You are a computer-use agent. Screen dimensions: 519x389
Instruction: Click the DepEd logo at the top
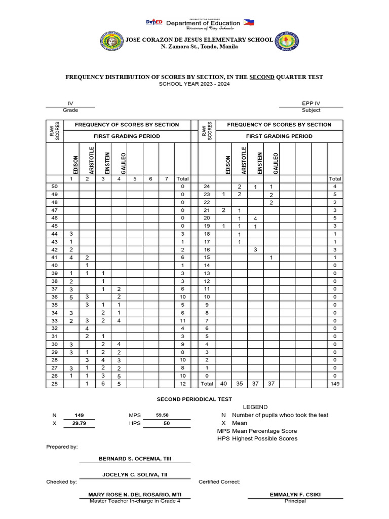[154, 22]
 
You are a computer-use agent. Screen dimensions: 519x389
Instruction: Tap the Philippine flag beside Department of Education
[249, 22]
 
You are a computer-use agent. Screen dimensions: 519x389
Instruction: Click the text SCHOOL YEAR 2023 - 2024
[194, 84]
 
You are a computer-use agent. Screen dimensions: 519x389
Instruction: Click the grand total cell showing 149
[335, 384]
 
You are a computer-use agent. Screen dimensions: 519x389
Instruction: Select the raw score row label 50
[55, 187]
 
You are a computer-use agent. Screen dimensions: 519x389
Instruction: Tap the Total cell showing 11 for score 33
[182, 321]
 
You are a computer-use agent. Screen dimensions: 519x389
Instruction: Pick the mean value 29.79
[80, 423]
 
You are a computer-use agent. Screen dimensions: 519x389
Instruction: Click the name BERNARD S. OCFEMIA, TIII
[135, 458]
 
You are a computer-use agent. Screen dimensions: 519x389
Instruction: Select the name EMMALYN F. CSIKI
[295, 495]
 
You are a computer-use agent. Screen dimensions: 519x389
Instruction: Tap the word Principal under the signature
[295, 501]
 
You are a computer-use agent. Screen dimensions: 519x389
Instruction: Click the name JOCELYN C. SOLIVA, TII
[135, 474]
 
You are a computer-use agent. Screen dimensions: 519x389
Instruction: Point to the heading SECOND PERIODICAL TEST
[194, 399]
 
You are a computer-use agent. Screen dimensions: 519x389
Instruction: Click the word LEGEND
[255, 407]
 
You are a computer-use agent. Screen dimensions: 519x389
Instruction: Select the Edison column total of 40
[223, 384]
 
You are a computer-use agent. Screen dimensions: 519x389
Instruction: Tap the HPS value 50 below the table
[166, 423]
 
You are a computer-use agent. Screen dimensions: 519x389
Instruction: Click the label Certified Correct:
[219, 482]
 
